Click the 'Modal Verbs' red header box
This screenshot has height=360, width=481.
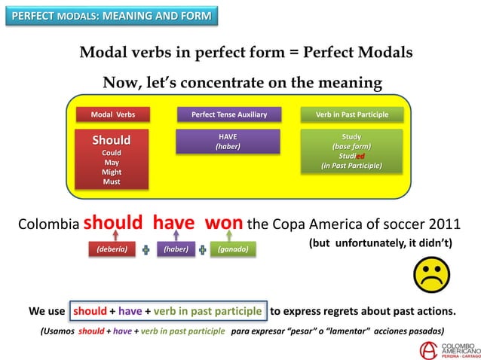point(112,114)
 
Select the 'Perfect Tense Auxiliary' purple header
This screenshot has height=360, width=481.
point(228,114)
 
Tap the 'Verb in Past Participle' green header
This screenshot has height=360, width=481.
point(352,114)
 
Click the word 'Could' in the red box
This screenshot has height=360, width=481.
point(112,152)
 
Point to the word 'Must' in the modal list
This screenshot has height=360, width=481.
point(112,182)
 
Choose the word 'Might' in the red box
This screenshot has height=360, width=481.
point(112,172)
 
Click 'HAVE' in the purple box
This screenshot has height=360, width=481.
point(228,136)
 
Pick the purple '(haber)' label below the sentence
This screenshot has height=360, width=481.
point(176,248)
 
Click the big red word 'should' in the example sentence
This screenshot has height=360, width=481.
point(113,223)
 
